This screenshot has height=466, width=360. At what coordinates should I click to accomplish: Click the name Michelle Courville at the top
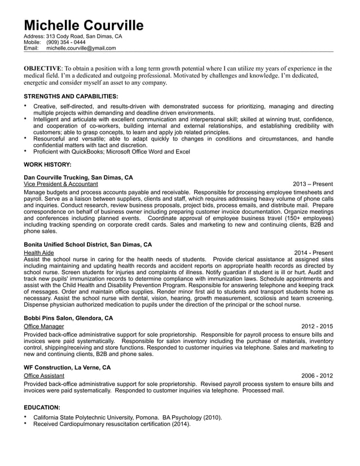(84, 25)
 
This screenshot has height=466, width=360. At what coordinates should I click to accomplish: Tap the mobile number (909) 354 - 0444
(66, 42)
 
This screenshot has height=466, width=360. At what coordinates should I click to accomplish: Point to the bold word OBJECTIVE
(42, 68)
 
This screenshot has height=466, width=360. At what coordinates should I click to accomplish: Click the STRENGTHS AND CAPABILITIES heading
(71, 96)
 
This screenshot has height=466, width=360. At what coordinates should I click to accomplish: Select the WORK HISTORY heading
(47, 164)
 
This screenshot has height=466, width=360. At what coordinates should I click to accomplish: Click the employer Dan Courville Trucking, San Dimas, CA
(78, 177)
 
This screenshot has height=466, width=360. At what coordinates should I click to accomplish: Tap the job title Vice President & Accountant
(61, 184)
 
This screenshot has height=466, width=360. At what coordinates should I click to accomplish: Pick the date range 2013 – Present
(313, 184)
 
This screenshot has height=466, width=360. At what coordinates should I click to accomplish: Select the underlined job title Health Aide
(39, 253)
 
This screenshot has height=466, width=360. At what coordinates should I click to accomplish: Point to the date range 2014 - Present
(313, 253)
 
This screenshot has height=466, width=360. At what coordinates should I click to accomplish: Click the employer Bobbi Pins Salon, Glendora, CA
(68, 318)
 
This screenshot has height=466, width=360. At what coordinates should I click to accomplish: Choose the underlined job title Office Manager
(44, 326)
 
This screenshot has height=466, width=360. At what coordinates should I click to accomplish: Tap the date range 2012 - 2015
(317, 326)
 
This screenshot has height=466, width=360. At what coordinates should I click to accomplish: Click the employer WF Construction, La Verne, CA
(67, 367)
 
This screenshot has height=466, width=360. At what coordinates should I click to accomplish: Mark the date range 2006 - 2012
(317, 375)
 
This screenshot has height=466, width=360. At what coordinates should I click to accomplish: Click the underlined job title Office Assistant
(44, 375)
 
